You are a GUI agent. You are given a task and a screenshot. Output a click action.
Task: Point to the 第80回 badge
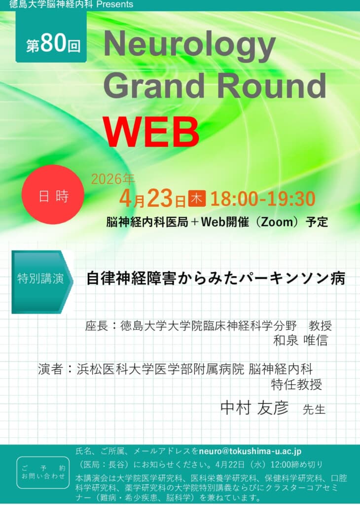point(51,37)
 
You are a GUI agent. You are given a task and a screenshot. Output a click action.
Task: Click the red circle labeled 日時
point(53,194)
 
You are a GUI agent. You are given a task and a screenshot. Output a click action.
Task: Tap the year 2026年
point(113,179)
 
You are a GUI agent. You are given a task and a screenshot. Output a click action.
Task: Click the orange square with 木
point(197,198)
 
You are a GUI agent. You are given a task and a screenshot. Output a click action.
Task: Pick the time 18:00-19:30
point(263,198)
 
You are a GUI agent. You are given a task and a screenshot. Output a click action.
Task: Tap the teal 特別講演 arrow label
point(42,282)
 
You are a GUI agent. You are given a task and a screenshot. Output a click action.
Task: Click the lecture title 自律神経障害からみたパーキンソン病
point(216,279)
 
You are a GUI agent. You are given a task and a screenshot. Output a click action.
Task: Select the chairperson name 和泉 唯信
point(300,340)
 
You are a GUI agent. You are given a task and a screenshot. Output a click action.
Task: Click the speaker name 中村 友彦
point(254,408)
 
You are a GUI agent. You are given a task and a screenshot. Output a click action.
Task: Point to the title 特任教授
point(296,385)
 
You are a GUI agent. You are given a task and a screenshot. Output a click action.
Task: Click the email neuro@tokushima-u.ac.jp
point(250,451)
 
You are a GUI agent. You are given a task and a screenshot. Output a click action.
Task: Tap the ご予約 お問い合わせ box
point(43,472)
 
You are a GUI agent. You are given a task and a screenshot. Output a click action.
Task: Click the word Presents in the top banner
point(114,4)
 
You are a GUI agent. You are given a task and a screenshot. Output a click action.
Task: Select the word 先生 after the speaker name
point(314,409)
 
